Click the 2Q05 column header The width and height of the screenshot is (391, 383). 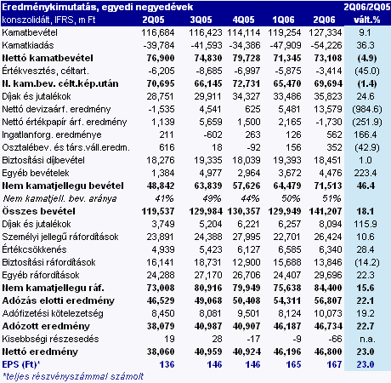tap(153, 20)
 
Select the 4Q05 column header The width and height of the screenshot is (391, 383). tap(243, 20)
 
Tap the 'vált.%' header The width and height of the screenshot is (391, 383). tap(367, 20)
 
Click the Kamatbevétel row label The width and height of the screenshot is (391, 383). tap(30, 32)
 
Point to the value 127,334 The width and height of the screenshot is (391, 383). tap(326, 32)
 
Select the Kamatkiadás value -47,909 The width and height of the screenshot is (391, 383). tap(285, 45)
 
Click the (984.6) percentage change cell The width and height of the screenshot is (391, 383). tap(367, 109)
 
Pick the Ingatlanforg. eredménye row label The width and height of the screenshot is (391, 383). tap(52, 134)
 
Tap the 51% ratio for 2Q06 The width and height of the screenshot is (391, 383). tap(331, 198)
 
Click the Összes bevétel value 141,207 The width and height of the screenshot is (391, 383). tap(326, 211)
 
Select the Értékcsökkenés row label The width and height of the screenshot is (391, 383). tap(34, 249)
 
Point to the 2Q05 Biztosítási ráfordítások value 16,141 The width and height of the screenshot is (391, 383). tap(160, 262)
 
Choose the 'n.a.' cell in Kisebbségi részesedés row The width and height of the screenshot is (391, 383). tap(367, 340)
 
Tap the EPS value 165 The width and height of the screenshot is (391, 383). tap(293, 364)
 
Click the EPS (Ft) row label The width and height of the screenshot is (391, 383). tap(21, 364)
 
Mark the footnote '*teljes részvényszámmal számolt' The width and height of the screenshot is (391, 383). tap(73, 376)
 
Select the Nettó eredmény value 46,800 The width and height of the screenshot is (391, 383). tap(328, 352)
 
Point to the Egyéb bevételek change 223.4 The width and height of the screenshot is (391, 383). tap(365, 173)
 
